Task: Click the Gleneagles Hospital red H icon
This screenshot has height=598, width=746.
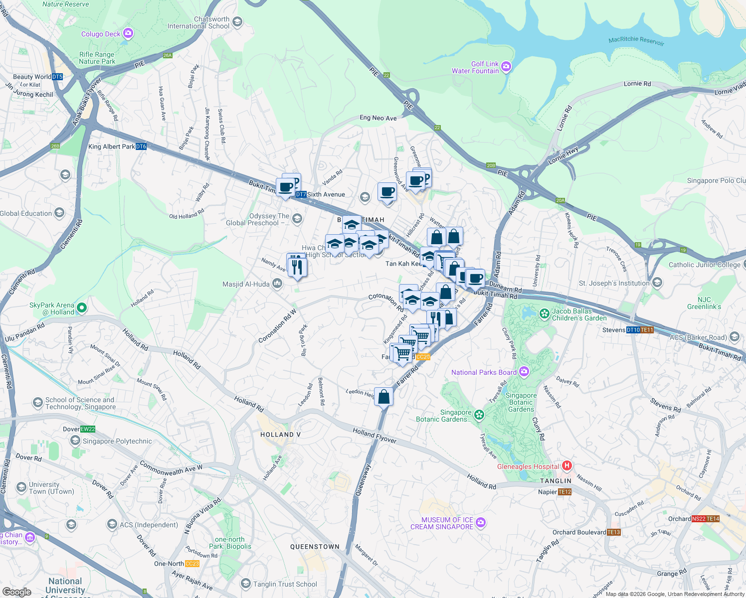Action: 566,466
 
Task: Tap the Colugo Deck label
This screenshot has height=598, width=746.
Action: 101,34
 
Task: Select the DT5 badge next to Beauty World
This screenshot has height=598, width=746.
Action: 57,77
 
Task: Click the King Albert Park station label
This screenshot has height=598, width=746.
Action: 112,147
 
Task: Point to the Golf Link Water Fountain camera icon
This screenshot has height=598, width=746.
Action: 506,67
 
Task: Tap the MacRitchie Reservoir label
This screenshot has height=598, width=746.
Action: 636,41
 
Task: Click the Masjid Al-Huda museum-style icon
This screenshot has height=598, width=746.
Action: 277,284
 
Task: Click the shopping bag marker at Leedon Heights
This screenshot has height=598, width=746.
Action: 383,397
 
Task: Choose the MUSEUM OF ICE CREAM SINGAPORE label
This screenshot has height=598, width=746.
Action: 442,523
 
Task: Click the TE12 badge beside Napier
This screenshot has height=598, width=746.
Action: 565,492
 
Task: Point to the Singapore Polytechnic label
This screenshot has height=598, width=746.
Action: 117,441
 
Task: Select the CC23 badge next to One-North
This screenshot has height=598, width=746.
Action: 192,564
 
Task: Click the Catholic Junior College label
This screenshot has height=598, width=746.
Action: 704,265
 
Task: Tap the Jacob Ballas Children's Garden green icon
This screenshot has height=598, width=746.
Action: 545,314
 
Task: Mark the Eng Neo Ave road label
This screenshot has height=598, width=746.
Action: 378,118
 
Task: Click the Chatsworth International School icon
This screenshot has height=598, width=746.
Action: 237,22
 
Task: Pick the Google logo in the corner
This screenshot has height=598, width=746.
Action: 16,592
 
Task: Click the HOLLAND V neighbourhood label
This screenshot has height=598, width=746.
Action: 280,435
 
